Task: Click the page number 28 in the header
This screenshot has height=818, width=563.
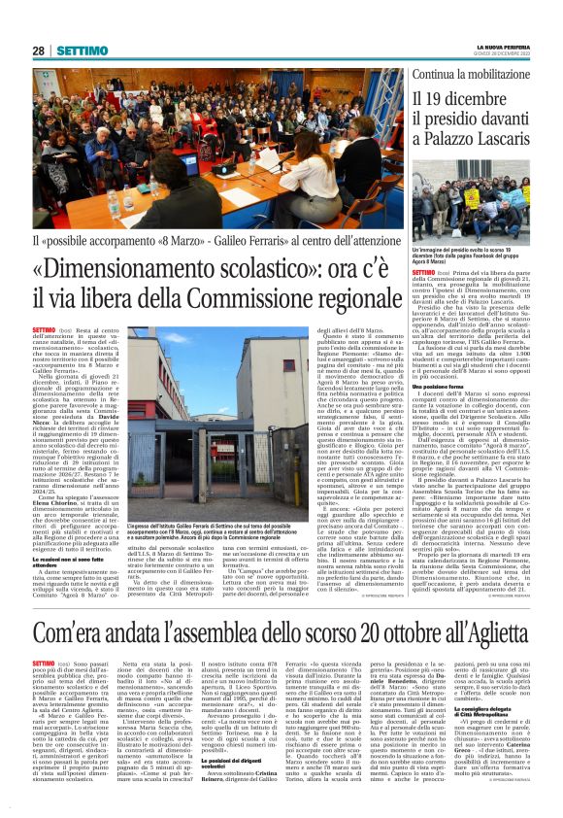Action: click(39, 51)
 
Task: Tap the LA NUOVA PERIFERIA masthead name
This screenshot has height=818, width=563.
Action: click(503, 47)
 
